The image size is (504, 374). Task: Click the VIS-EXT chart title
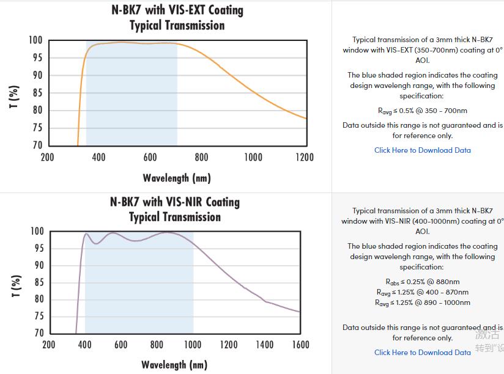(177, 18)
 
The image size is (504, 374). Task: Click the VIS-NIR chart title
(175, 209)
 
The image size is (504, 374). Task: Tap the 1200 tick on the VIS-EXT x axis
(304, 157)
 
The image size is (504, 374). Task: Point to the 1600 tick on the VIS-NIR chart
(300, 345)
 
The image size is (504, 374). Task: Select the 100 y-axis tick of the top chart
(35, 40)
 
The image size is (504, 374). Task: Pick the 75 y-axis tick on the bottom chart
(37, 316)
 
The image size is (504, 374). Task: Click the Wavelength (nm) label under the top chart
(177, 178)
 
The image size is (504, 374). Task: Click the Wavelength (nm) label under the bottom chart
(174, 365)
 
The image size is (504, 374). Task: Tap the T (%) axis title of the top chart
(15, 97)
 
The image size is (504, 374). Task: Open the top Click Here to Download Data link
(423, 150)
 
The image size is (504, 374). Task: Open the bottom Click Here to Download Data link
(423, 352)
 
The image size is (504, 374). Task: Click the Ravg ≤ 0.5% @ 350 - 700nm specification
(423, 111)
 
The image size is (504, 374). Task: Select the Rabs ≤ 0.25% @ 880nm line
(423, 282)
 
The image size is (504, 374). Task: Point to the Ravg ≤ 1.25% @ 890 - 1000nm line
(423, 302)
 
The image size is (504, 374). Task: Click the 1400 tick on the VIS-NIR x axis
(264, 345)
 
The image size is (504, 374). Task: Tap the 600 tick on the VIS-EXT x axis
(150, 157)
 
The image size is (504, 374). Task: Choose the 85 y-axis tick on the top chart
(37, 93)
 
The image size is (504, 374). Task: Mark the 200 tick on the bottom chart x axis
(49, 345)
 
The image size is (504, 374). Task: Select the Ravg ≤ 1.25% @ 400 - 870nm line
(423, 292)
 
